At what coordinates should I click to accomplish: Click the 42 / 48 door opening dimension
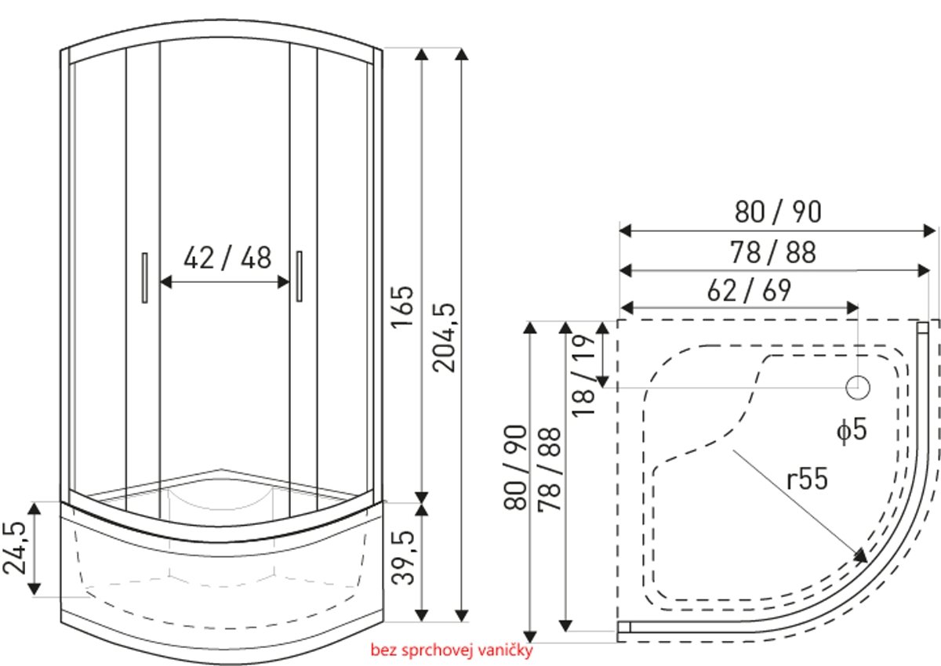pyautogui.click(x=227, y=257)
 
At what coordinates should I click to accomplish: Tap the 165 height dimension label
pyautogui.click(x=402, y=306)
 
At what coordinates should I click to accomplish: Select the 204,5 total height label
pyautogui.click(x=444, y=338)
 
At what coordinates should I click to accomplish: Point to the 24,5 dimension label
pyautogui.click(x=14, y=548)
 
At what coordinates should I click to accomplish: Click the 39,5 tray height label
pyautogui.click(x=403, y=558)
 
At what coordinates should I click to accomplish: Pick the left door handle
pyautogui.click(x=144, y=277)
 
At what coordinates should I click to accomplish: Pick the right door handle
pyautogui.click(x=299, y=276)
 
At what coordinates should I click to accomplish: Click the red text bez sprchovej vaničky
pyautogui.click(x=452, y=650)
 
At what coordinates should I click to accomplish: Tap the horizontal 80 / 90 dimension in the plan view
pyautogui.click(x=778, y=212)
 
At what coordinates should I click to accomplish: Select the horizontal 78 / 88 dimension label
pyautogui.click(x=773, y=252)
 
